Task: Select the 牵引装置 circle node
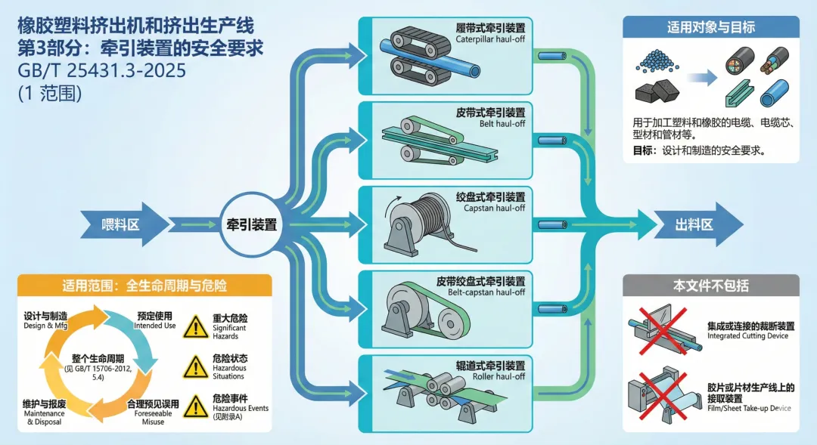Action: tap(251, 224)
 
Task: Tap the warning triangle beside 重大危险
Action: tap(195, 326)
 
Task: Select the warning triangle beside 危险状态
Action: tap(195, 366)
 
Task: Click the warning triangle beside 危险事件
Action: tap(195, 406)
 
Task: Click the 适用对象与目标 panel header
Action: tap(710, 28)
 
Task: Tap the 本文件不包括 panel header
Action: tap(710, 286)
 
